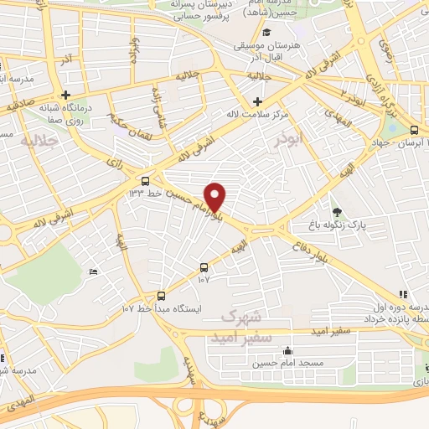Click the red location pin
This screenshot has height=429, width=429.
(216, 196)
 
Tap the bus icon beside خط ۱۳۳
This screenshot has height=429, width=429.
(146, 180)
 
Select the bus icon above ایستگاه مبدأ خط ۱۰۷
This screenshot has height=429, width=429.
(162, 296)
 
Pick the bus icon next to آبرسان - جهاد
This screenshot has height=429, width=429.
(414, 129)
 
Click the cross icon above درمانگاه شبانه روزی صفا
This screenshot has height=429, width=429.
(65, 95)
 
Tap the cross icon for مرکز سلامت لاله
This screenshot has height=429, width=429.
(256, 101)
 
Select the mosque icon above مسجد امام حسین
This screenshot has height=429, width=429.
(288, 351)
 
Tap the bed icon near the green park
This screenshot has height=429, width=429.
(93, 271)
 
